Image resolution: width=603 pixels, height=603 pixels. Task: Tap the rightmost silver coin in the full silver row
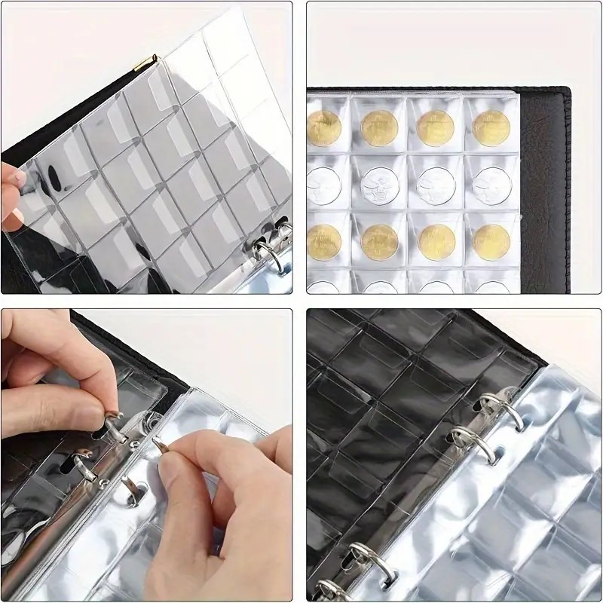[491, 183]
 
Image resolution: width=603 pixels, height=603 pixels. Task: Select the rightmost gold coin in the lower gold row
[491, 241]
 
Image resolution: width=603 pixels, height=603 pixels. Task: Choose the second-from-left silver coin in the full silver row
[379, 183]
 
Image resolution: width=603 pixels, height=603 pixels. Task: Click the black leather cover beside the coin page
[546, 188]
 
